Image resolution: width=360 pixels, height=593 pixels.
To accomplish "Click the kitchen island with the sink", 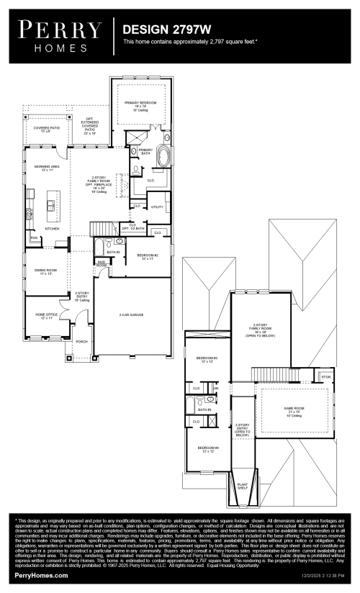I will (52, 206).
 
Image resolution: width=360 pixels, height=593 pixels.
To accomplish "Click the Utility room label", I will (157, 207).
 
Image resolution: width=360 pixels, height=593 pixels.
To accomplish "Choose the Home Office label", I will (45, 316).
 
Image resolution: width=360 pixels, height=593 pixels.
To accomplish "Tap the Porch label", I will (81, 341).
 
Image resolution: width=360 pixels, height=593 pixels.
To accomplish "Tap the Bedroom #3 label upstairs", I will (207, 359).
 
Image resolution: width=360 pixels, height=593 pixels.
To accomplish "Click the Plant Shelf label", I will (242, 486).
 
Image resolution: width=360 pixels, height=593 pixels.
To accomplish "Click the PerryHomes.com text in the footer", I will (42, 576).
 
